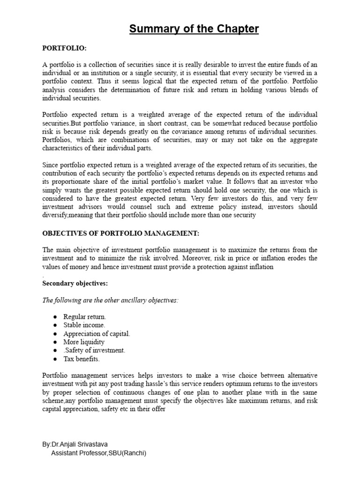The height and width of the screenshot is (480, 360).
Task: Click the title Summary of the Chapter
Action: pos(194,29)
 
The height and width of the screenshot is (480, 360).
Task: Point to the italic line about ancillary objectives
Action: pos(111,300)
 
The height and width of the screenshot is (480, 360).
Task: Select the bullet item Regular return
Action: pos(85,317)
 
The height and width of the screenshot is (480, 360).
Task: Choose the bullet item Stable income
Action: pos(84,325)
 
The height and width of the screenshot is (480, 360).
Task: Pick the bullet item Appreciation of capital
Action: pos(97,334)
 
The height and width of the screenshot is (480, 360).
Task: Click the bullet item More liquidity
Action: pos(84,342)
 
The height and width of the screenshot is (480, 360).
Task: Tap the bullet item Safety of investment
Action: pos(94,351)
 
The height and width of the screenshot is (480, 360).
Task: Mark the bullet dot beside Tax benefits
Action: pos(55,359)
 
